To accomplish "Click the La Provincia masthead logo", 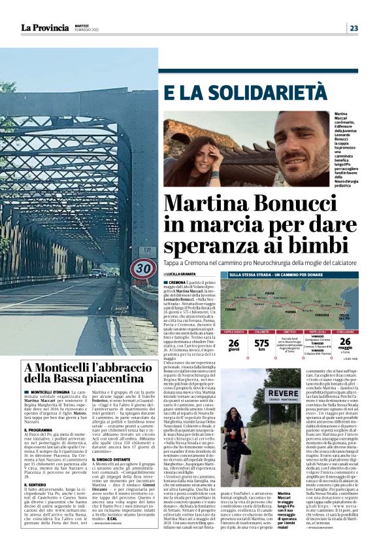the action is (44, 27).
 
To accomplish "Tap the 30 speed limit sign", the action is (143, 268).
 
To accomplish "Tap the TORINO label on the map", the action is (230, 308).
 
